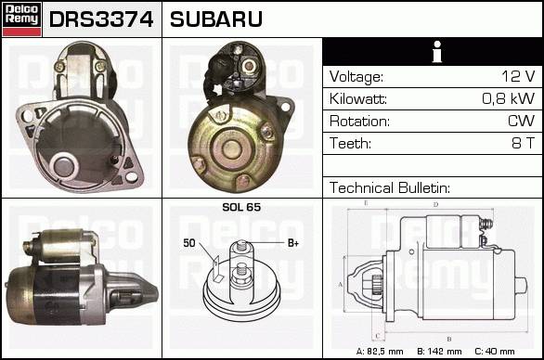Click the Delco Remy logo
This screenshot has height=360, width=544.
[21, 19]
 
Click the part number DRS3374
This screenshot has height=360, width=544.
[101, 19]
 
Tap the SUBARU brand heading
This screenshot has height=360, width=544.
[215, 19]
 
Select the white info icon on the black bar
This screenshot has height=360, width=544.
[437, 52]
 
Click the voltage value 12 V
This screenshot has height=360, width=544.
[518, 76]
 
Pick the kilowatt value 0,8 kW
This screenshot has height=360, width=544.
[509, 99]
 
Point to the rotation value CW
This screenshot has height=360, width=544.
[522, 121]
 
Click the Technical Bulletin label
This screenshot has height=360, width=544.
[390, 188]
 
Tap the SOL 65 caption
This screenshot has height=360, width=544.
[241, 207]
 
